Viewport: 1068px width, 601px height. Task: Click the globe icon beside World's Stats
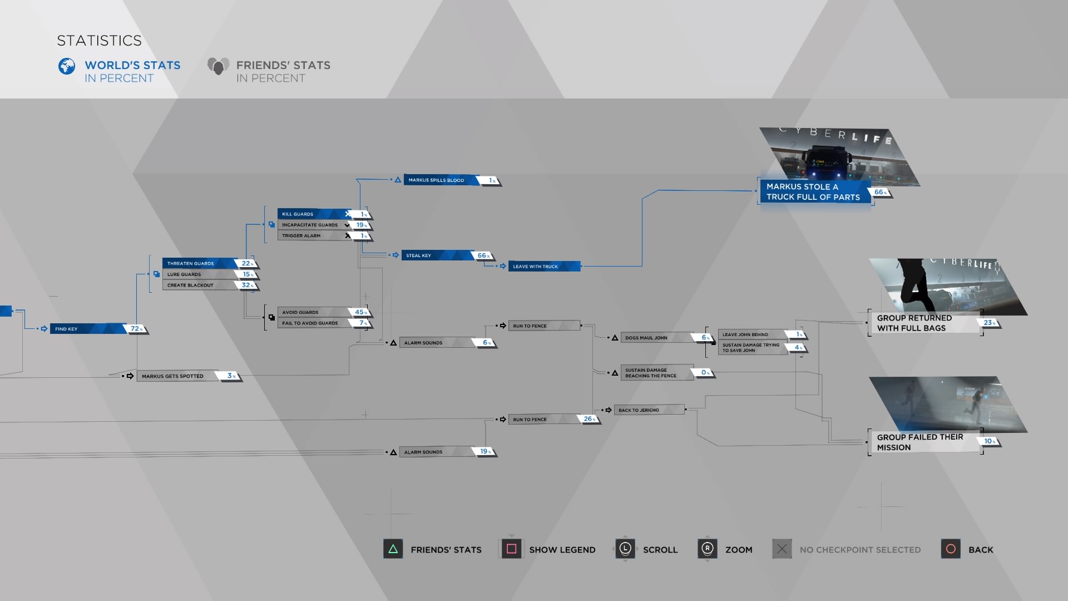tap(67, 66)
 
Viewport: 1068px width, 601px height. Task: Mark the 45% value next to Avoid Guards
tap(360, 312)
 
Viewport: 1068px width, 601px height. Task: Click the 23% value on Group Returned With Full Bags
tap(988, 323)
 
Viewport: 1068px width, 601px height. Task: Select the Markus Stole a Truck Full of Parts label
tap(813, 192)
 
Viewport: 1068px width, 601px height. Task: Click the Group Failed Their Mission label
tap(920, 442)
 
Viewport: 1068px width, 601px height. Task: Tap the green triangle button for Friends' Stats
tap(393, 549)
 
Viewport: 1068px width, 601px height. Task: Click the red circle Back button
tap(951, 549)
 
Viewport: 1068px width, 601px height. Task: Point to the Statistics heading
tap(100, 41)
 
